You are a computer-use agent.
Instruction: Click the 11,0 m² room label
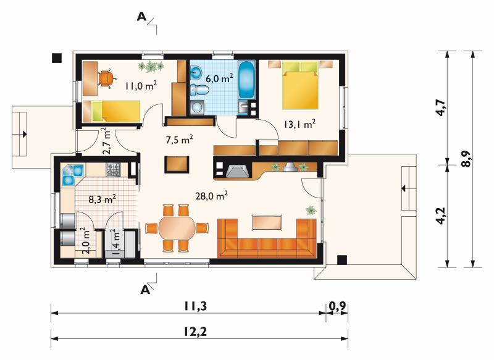[141, 85]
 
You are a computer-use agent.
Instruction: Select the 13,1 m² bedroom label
[299, 124]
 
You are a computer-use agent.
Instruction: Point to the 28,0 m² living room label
[211, 196]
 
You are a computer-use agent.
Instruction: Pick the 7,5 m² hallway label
[179, 139]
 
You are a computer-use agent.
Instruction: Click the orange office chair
[107, 78]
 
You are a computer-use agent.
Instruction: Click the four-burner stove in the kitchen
[113, 169]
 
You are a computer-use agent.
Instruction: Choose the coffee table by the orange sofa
[267, 222]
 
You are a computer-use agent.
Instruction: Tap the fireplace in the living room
[235, 170]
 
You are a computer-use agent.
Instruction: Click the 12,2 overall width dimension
[195, 332]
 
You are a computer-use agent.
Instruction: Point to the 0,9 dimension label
[337, 306]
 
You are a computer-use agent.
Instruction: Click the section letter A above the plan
[142, 17]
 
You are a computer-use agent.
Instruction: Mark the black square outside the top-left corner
[57, 58]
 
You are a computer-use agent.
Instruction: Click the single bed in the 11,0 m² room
[111, 111]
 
